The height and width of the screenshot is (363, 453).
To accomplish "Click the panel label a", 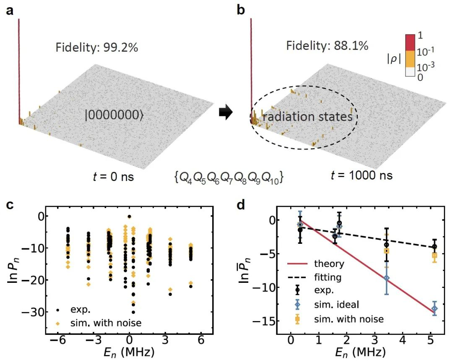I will [x=9, y=10].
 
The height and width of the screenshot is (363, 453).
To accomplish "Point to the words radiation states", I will [x=307, y=117].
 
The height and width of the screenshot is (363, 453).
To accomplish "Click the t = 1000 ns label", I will [x=359, y=175].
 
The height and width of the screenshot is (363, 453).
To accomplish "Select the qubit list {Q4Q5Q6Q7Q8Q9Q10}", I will [x=229, y=178].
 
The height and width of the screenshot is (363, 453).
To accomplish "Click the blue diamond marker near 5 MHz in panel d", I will [x=435, y=308].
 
